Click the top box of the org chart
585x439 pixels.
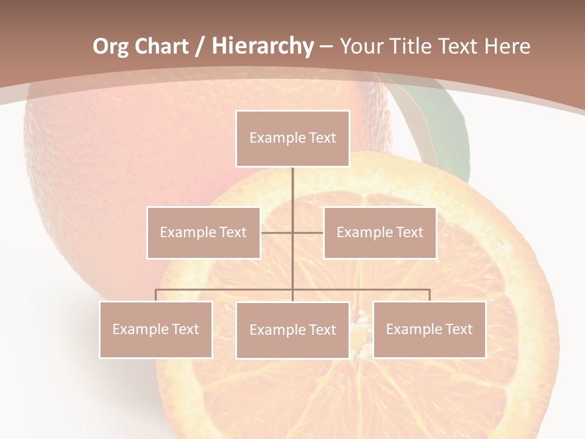click(292, 138)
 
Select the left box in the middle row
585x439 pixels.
click(204, 232)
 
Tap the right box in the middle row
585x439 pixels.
click(380, 232)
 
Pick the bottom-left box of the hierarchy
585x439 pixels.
click(156, 329)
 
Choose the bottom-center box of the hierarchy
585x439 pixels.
click(292, 330)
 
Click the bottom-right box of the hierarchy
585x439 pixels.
click(429, 329)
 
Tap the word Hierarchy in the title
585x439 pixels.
click(262, 46)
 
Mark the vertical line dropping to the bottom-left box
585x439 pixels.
click(156, 295)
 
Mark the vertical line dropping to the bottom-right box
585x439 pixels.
click(430, 295)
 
